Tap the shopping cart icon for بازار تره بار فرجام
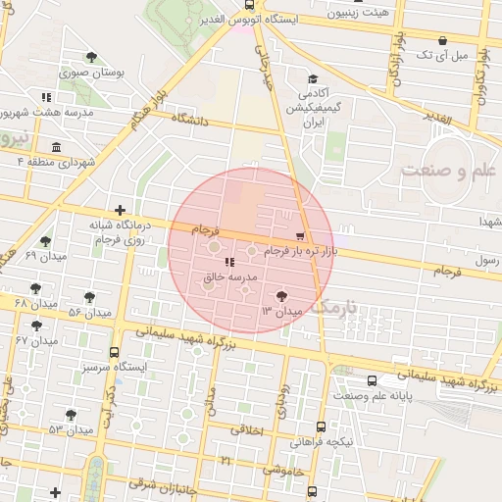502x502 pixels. (299, 236)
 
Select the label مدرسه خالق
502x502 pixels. (228, 278)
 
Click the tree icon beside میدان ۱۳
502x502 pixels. (282, 295)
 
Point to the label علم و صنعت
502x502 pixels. (450, 171)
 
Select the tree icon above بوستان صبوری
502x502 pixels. (91, 57)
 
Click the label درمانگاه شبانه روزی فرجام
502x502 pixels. (118, 231)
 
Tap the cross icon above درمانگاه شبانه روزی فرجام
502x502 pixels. (120, 209)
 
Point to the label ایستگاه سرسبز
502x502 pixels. (115, 367)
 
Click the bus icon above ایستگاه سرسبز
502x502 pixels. (115, 351)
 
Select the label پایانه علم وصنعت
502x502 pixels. (375, 396)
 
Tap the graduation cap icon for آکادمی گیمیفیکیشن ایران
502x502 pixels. (313, 79)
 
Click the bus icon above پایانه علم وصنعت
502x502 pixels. (371, 380)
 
